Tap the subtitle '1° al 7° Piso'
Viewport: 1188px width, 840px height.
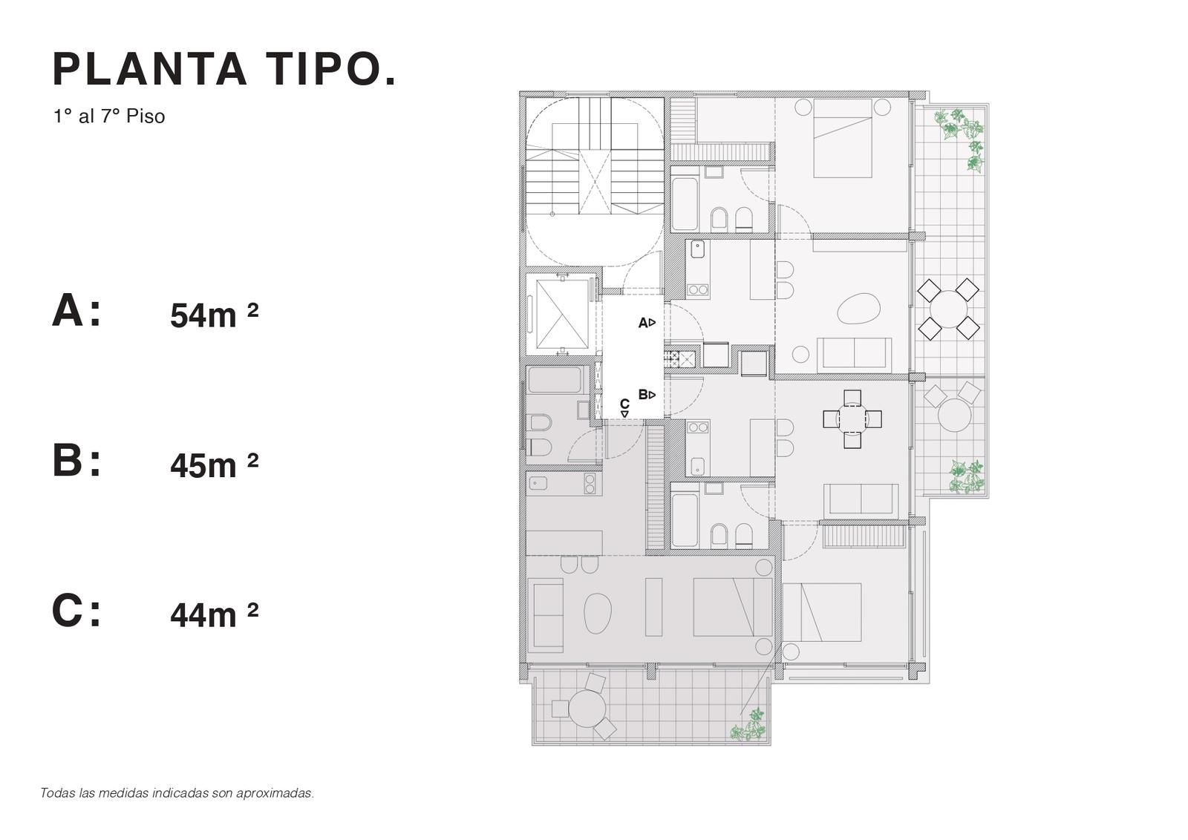point(109,116)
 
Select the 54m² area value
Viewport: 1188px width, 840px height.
point(214,315)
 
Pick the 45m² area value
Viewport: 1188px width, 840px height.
point(214,465)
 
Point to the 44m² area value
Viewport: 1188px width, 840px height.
point(214,614)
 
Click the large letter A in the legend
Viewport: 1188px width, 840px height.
point(68,311)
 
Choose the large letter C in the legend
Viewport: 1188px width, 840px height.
point(68,611)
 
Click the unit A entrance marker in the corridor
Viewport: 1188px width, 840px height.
point(647,322)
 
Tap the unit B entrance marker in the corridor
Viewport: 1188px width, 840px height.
point(647,394)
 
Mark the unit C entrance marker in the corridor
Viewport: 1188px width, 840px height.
point(624,407)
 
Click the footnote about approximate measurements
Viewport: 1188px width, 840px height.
point(177,793)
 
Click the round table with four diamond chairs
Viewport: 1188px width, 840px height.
point(948,309)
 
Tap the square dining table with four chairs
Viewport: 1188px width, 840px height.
point(852,419)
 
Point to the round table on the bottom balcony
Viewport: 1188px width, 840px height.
point(587,708)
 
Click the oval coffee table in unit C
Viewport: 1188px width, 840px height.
point(598,613)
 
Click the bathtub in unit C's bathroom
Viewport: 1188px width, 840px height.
point(555,379)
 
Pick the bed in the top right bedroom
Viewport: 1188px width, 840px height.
point(843,138)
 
